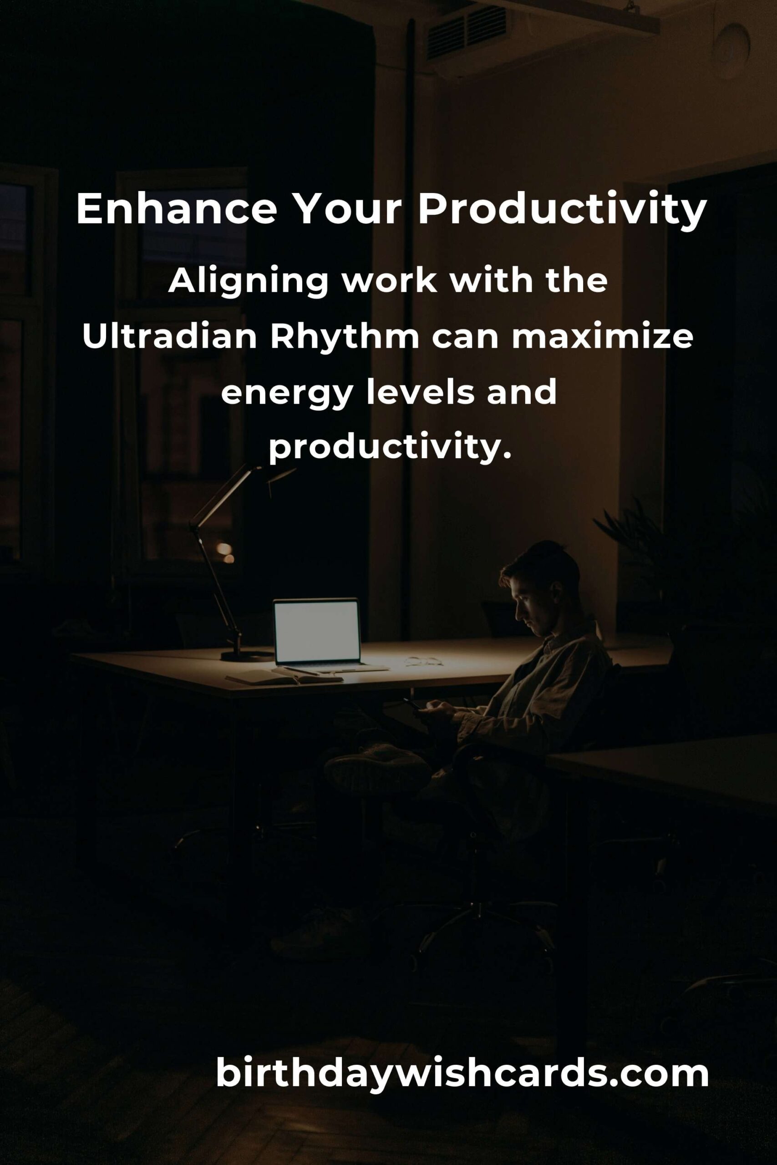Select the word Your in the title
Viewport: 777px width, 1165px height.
click(347, 209)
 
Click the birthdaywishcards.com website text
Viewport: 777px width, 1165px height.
click(462, 1074)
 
